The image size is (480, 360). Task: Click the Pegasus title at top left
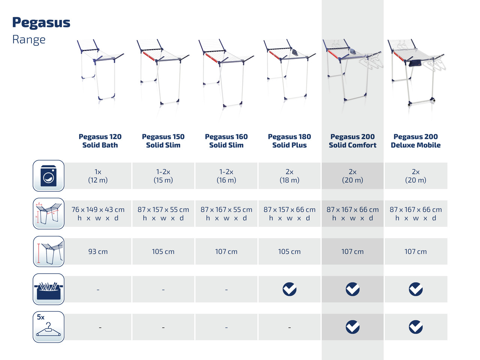coord(41,23)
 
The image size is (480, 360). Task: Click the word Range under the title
coord(29,40)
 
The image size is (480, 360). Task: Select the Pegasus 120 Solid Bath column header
coord(100,141)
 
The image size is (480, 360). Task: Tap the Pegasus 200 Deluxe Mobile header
coord(415,141)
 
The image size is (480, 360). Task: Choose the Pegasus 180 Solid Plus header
coord(289,141)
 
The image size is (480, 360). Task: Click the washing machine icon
coord(48,176)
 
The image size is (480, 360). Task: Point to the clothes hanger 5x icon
coord(48,327)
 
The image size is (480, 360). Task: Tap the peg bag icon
coord(48,289)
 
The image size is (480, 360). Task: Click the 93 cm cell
coord(98,251)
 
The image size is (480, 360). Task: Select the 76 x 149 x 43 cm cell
coord(98,213)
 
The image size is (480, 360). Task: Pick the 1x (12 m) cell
coord(98,176)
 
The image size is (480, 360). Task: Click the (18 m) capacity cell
coord(289,176)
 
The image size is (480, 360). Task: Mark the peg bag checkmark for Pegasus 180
coord(289,289)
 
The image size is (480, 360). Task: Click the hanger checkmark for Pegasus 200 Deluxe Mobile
coord(415,327)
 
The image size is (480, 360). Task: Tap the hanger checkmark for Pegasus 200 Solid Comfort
coord(352,327)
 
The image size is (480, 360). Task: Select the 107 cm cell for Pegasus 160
coord(226,251)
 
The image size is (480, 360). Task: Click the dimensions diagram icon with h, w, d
coord(48,213)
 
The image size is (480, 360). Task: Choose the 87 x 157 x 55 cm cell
coord(163,213)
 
